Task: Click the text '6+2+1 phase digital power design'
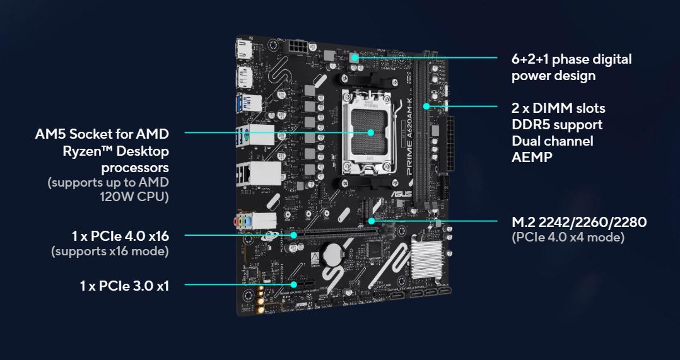click(572, 67)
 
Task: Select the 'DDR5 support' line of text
click(557, 125)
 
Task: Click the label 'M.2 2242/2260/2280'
click(579, 222)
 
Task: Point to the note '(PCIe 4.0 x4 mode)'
click(568, 238)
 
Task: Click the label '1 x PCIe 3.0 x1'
click(124, 286)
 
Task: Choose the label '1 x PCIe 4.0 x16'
click(120, 236)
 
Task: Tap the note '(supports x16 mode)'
click(110, 252)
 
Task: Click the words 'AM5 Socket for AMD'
click(102, 134)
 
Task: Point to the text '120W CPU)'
click(134, 196)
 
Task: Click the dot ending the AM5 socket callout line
click(370, 132)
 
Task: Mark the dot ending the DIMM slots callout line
click(426, 106)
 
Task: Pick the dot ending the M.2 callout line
click(371, 221)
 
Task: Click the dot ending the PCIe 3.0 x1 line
click(295, 284)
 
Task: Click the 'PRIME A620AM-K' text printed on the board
click(410, 137)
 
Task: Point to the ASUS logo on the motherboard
click(402, 193)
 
